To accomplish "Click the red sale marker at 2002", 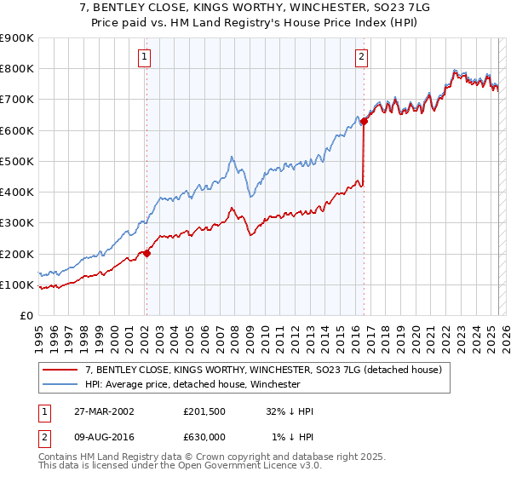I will point(146,253).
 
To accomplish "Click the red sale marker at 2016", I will point(364,122).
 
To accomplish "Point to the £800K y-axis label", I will point(17,69).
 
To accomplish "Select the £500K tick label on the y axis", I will point(17,161).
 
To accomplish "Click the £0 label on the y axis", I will point(26,316).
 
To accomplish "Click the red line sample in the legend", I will point(60,371).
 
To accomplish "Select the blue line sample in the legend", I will point(60,384).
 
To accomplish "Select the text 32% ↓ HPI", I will point(290,411).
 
